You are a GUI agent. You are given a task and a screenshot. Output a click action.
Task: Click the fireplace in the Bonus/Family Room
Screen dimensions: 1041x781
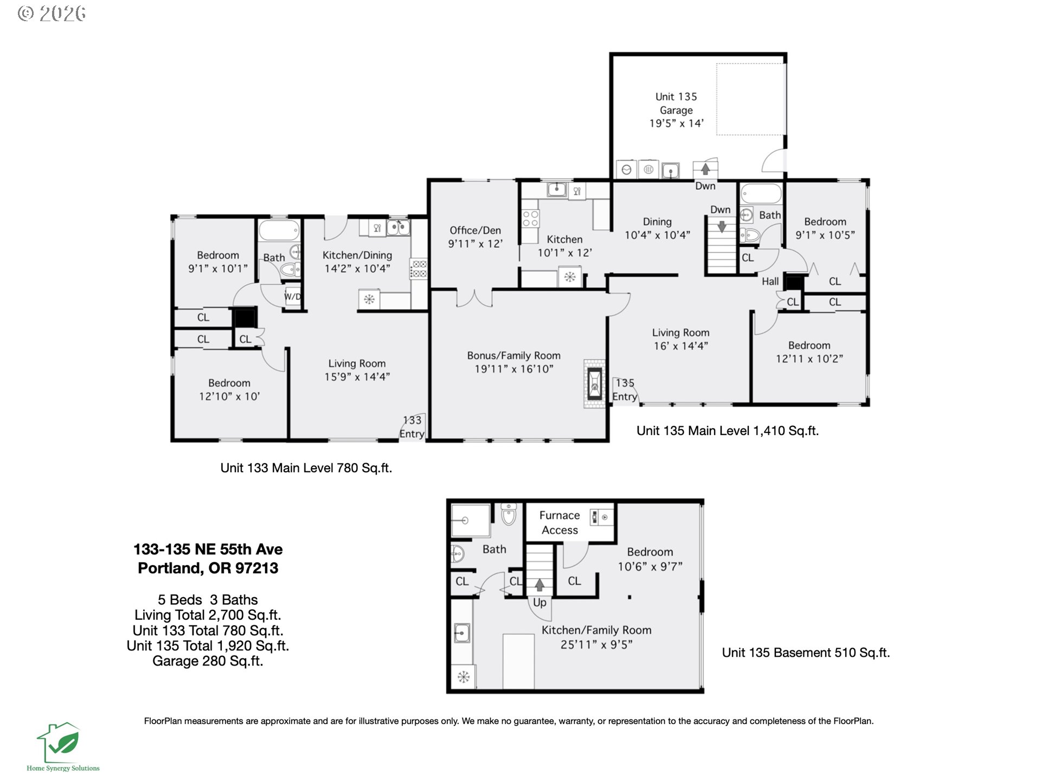[x=594, y=383]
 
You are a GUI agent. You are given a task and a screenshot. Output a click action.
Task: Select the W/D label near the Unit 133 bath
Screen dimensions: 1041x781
[x=293, y=296]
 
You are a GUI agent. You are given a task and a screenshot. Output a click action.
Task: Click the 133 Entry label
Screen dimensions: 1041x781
[x=412, y=427]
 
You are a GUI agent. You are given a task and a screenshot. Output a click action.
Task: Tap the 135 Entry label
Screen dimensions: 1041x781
[x=625, y=390]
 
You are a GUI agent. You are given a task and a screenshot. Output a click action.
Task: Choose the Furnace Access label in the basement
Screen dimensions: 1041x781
[x=560, y=523]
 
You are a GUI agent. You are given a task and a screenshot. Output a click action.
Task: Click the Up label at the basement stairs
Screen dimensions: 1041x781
[x=539, y=603]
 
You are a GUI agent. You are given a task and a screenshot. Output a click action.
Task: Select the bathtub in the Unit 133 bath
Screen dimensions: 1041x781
[x=279, y=231]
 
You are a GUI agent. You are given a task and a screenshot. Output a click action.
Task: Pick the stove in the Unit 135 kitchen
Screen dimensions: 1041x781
[x=530, y=219]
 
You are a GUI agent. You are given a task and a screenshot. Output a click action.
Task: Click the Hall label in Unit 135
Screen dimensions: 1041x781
[x=770, y=281]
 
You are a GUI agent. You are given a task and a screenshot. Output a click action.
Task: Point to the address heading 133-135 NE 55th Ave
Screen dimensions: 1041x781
[x=208, y=549]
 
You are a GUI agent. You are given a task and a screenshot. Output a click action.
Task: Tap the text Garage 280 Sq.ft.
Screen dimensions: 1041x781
[x=208, y=661]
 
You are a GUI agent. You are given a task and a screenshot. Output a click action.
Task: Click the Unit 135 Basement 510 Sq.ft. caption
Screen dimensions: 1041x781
[x=806, y=652]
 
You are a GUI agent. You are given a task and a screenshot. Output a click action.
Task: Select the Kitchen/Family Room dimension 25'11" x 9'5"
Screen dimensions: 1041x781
[x=596, y=644]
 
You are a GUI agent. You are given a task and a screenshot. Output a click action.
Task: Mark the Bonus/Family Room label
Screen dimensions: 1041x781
[x=514, y=356]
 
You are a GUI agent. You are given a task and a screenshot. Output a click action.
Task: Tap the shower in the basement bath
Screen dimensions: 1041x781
[x=471, y=521]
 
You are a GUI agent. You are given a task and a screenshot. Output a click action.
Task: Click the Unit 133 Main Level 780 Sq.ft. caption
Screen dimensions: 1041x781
[x=306, y=468]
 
